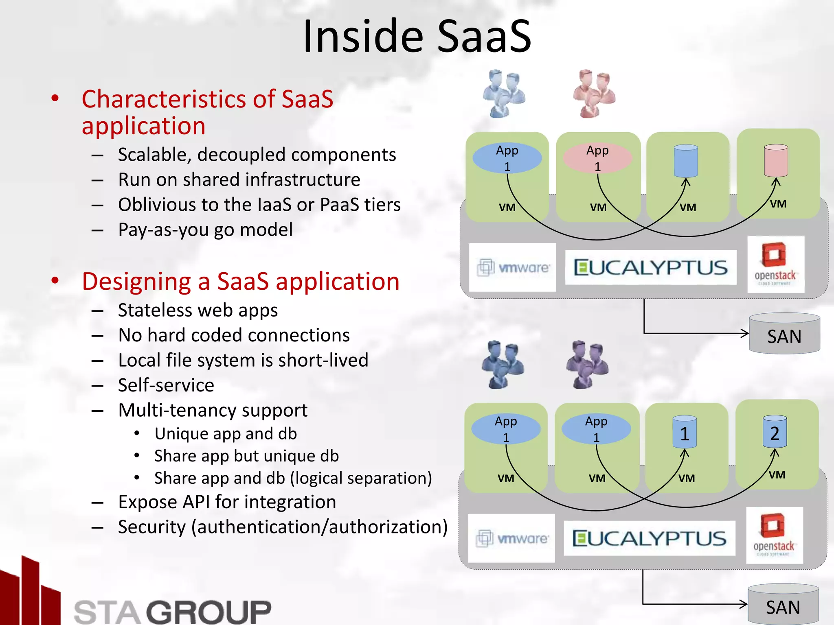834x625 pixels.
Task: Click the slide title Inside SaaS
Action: (417, 37)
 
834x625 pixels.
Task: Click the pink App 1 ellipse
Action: (597, 158)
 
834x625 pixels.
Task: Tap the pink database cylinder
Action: (776, 160)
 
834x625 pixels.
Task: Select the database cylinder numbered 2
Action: (775, 432)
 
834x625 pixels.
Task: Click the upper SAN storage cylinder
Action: (784, 334)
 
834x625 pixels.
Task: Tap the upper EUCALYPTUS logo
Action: (650, 267)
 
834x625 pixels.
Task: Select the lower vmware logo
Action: (511, 538)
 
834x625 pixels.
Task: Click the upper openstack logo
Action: (775, 264)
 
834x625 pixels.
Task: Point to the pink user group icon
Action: (594, 94)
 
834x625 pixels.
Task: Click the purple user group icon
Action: (587, 365)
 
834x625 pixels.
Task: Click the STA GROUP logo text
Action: (173, 611)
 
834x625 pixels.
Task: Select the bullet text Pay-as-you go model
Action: (205, 229)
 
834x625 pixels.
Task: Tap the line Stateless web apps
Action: (198, 310)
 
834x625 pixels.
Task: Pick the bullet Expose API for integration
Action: (227, 502)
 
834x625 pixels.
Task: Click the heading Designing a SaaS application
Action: (241, 281)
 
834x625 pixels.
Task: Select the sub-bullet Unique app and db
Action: (226, 434)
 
